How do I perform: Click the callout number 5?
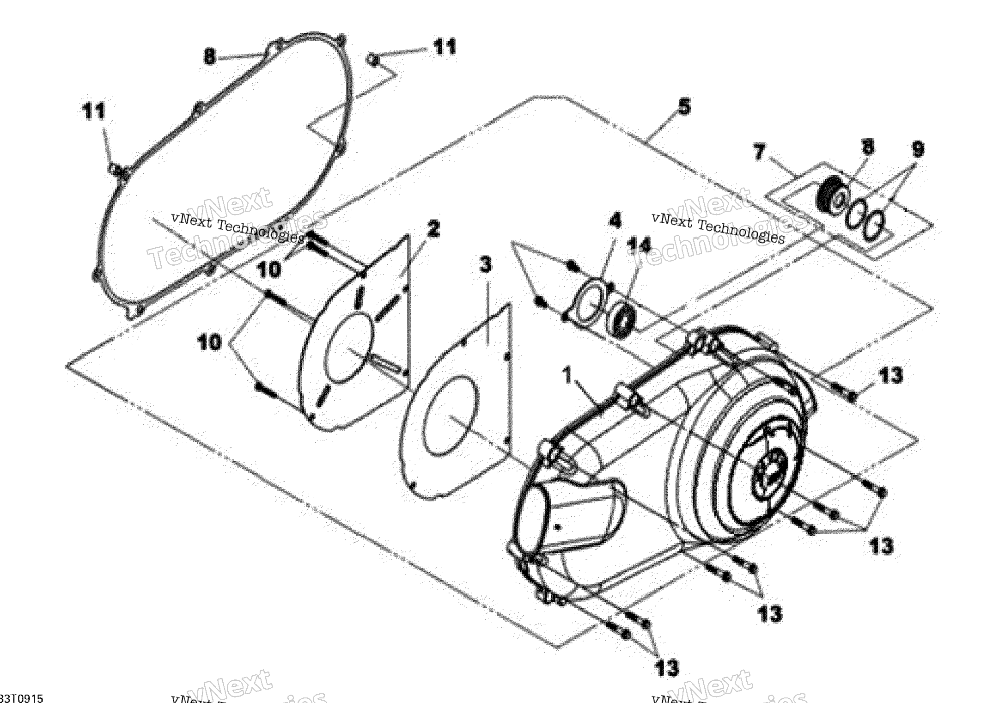(x=684, y=107)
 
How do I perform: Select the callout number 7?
(x=759, y=152)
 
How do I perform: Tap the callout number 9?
(x=917, y=149)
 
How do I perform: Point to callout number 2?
(x=433, y=229)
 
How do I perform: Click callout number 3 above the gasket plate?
(x=485, y=265)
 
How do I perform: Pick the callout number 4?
(x=615, y=220)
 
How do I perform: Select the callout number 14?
(x=639, y=245)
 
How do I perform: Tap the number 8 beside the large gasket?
(x=210, y=57)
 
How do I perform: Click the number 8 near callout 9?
(x=868, y=147)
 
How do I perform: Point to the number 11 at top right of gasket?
(x=445, y=47)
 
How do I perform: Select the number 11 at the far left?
(x=94, y=111)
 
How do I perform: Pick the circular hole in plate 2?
(x=349, y=347)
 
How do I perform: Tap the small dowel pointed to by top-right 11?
(x=373, y=60)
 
